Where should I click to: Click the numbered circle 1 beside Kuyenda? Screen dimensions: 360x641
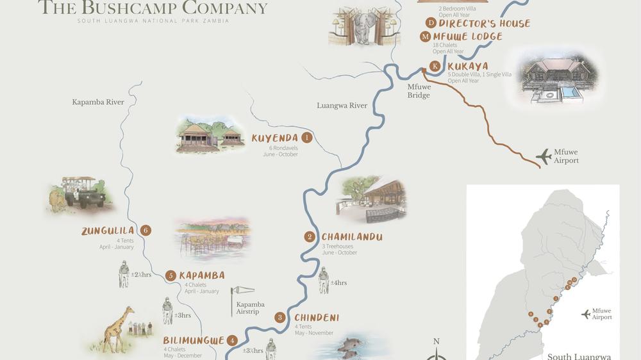tap(307, 137)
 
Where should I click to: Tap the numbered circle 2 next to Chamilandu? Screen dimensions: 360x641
tap(310, 237)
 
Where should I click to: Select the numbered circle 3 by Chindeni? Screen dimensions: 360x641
tap(280, 317)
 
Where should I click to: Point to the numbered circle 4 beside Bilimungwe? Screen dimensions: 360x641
tap(233, 341)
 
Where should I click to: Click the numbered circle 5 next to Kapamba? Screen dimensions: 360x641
tap(170, 275)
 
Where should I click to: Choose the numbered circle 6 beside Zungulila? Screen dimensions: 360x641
tap(146, 231)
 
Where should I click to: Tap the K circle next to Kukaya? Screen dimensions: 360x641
tap(435, 66)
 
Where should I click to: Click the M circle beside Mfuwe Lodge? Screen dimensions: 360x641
tap(426, 37)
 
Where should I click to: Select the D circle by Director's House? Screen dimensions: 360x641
tap(431, 23)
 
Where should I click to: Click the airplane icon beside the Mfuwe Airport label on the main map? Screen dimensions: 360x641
tap(544, 156)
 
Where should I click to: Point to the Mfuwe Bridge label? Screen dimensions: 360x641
tap(419, 91)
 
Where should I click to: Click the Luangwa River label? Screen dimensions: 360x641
tap(342, 106)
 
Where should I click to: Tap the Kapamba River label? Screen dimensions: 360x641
tap(97, 102)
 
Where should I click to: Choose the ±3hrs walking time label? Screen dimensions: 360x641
tap(182, 315)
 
